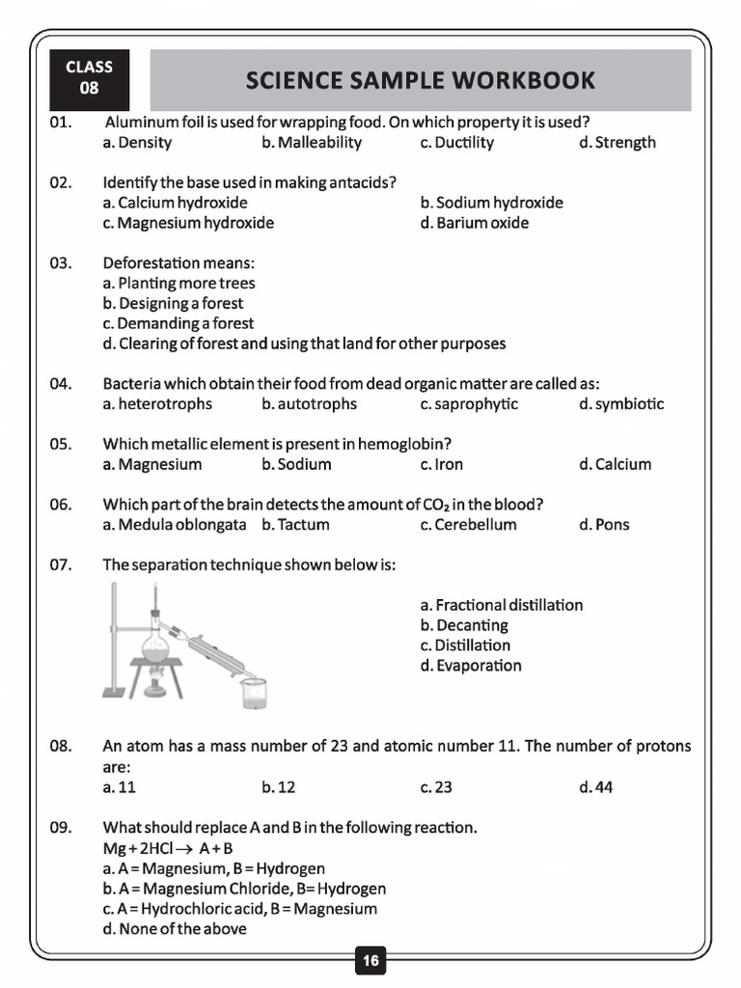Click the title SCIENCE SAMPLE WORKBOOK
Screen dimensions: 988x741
pyautogui.click(x=420, y=80)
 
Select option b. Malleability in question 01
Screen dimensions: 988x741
pyautogui.click(x=311, y=143)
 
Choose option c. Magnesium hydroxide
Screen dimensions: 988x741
pyautogui.click(x=188, y=223)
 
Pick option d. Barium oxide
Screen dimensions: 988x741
pyautogui.click(x=474, y=223)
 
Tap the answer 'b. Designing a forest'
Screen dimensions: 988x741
pyautogui.click(x=173, y=303)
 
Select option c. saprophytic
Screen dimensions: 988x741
pyautogui.click(x=469, y=404)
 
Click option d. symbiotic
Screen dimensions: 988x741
pyautogui.click(x=621, y=404)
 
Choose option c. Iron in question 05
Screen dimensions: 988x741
pyautogui.click(x=442, y=464)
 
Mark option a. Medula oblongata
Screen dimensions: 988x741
pyautogui.click(x=175, y=525)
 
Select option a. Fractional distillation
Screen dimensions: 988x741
pyautogui.click(x=502, y=605)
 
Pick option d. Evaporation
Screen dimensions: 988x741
pyautogui.click(x=471, y=666)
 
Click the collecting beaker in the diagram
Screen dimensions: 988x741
pyautogui.click(x=254, y=691)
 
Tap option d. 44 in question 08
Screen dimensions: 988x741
pyautogui.click(x=596, y=787)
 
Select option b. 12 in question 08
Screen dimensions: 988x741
pyautogui.click(x=279, y=787)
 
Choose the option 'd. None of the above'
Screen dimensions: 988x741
pyautogui.click(x=175, y=929)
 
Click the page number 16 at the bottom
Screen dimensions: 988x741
pyautogui.click(x=370, y=961)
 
